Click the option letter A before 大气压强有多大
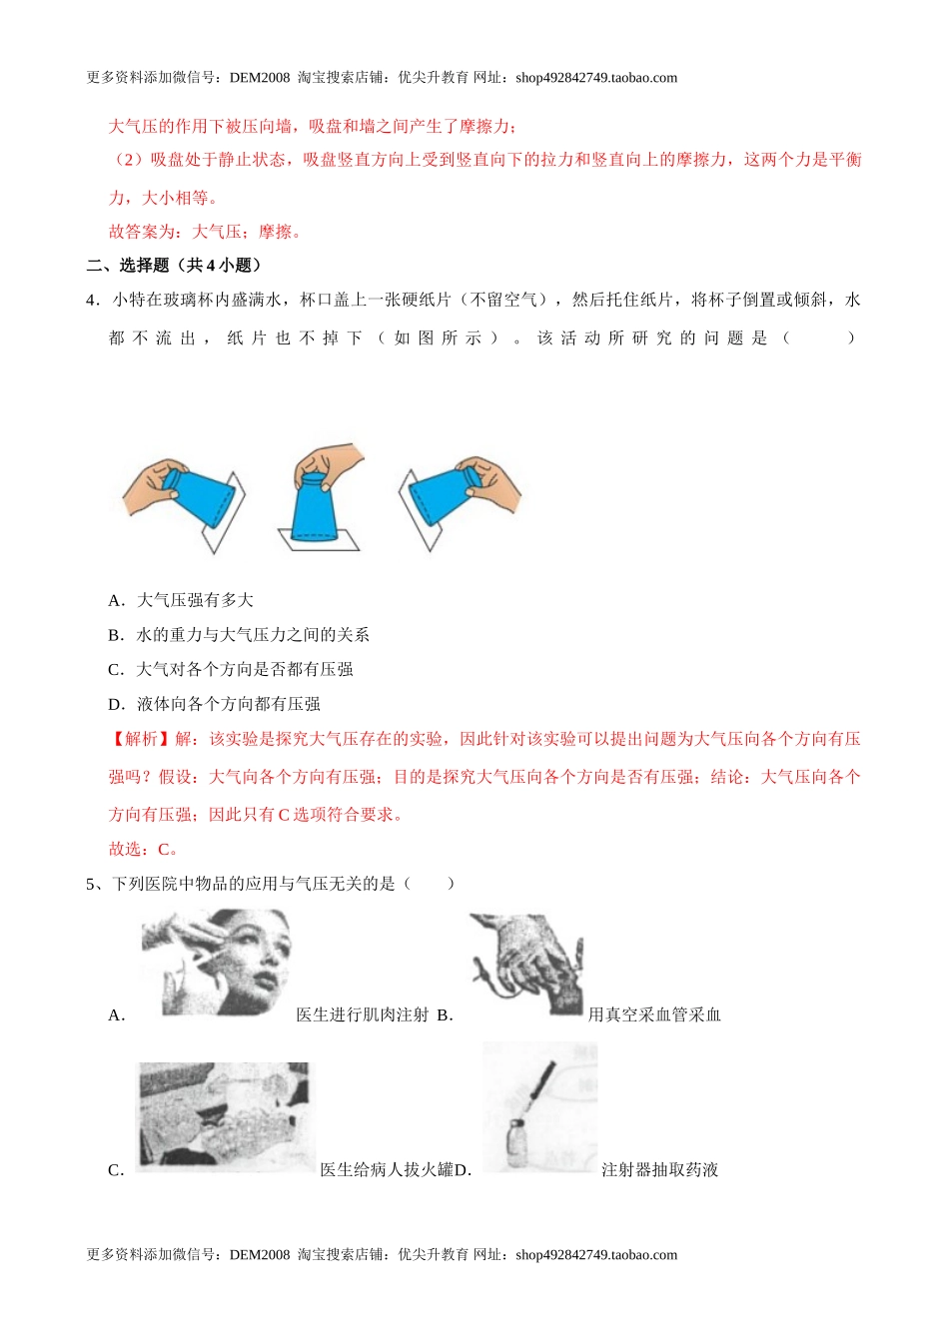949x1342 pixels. click(116, 600)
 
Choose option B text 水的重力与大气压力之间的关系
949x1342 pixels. click(253, 635)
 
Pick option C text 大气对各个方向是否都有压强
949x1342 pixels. click(245, 670)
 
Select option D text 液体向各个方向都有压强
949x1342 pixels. click(229, 705)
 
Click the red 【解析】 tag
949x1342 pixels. click(140, 740)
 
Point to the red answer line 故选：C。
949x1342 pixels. click(144, 850)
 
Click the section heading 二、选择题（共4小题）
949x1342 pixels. click(175, 266)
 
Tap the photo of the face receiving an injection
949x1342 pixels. click(216, 961)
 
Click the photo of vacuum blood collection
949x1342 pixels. click(526, 965)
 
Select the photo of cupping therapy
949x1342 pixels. click(225, 1113)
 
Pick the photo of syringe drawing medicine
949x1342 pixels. click(540, 1106)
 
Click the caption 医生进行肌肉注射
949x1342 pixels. click(362, 1015)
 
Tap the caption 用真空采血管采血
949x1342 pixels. click(654, 1015)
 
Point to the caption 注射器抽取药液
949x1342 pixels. click(660, 1170)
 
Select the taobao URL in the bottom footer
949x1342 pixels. click(596, 1255)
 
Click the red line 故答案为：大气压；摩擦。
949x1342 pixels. click(205, 233)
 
